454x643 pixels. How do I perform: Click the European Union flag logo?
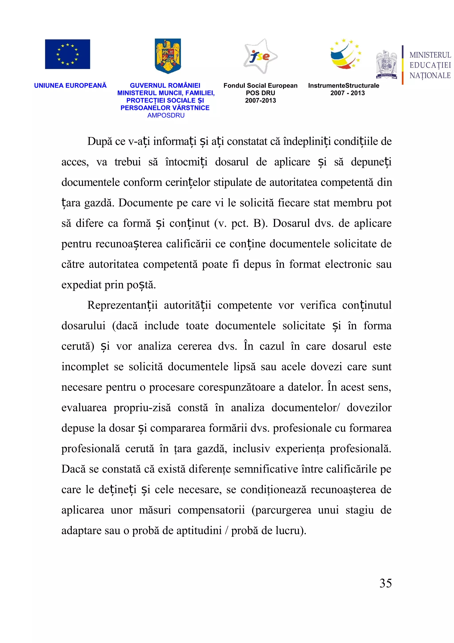[x=67, y=54]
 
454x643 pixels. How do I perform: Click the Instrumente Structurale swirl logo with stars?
[x=345, y=54]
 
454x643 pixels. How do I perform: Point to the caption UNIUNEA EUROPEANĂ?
[x=70, y=86]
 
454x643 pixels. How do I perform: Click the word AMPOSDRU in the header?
[x=166, y=115]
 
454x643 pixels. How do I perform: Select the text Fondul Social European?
[x=260, y=86]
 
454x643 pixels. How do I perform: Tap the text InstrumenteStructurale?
[x=343, y=86]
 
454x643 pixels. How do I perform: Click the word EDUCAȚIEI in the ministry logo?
[x=430, y=65]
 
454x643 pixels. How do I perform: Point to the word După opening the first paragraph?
[x=100, y=141]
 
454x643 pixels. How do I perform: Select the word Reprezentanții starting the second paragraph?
[x=122, y=305]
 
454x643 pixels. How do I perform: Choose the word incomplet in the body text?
[x=85, y=367]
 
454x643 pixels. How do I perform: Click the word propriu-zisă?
[x=142, y=408]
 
